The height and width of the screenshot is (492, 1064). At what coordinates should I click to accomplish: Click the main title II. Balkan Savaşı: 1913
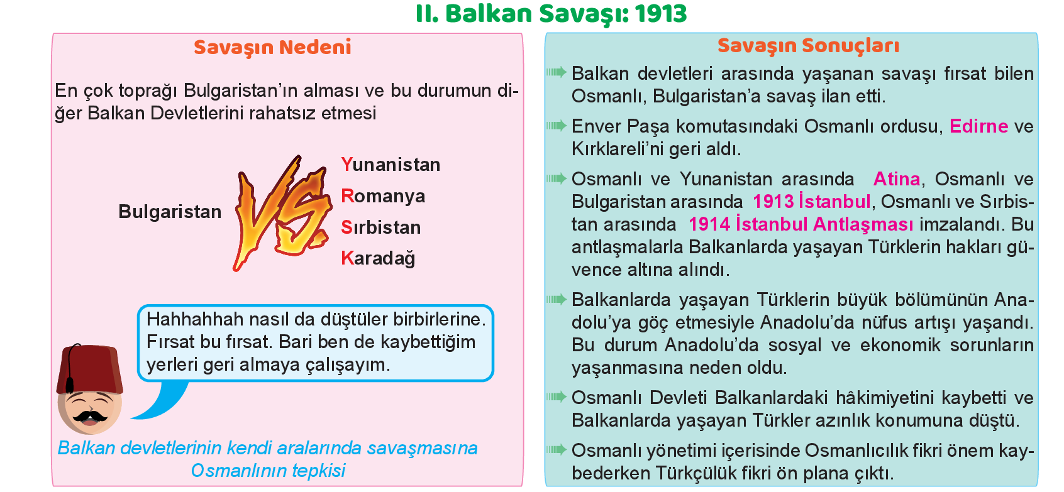tap(551, 14)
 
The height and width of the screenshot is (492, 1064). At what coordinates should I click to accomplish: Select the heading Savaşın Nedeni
tap(272, 48)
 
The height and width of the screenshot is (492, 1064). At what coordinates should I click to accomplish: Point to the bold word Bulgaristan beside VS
tap(170, 212)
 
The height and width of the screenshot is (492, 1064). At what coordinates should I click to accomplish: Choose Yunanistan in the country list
tap(391, 165)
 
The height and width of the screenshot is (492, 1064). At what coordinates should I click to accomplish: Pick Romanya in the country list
tap(383, 196)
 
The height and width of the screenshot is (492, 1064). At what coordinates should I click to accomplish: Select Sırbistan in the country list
tap(380, 227)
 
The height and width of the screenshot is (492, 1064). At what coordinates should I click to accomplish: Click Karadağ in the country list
tap(378, 259)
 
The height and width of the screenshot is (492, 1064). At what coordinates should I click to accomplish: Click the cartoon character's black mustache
tap(89, 417)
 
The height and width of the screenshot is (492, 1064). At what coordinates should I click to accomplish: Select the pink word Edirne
tap(978, 126)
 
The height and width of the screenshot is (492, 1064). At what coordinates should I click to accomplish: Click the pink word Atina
tap(896, 179)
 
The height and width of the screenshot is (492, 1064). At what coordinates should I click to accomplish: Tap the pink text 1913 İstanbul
tap(811, 202)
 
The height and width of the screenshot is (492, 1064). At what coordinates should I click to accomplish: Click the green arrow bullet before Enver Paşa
tap(557, 126)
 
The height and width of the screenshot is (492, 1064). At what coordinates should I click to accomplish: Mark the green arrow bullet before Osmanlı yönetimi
tap(557, 449)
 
